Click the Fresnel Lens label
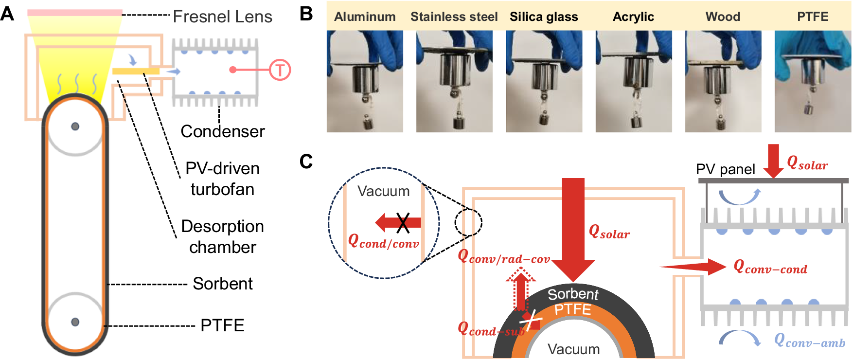click(x=222, y=17)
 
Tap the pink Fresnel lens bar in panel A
click(x=74, y=13)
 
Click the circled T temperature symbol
click(x=280, y=70)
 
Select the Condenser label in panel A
click(x=222, y=131)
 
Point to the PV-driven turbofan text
click(x=222, y=179)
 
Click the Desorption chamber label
click(x=222, y=236)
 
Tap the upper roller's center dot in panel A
click(x=75, y=126)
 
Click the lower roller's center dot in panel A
click(x=75, y=322)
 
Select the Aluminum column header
click(x=365, y=17)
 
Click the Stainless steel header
click(x=454, y=17)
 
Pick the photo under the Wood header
click(x=723, y=81)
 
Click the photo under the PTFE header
click(x=813, y=81)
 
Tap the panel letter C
click(x=306, y=161)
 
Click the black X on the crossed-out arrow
click(x=403, y=223)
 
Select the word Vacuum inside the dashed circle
click(x=383, y=191)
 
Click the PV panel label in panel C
click(x=725, y=169)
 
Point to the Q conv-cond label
click(x=770, y=267)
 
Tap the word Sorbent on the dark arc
click(x=573, y=294)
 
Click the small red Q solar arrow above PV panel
click(x=773, y=160)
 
